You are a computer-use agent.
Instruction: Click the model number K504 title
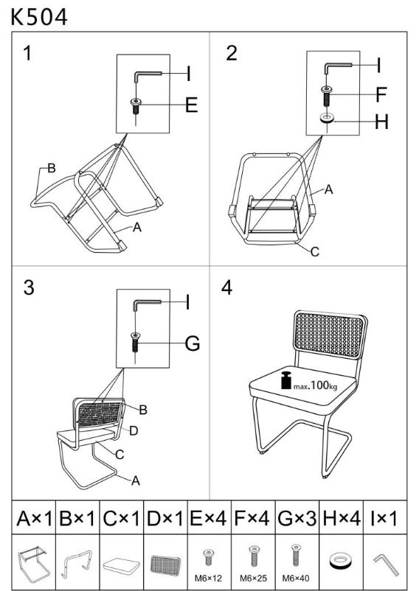[x=39, y=17]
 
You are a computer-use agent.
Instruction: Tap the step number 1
[x=27, y=53]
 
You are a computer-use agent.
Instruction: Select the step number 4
[x=226, y=288]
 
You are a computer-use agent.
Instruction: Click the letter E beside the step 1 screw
[x=192, y=105]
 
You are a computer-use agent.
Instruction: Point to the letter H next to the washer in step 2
[x=381, y=122]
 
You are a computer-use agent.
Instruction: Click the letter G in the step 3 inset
[x=193, y=343]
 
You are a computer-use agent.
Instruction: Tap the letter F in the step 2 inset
[x=381, y=94]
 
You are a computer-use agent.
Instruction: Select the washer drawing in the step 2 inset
[x=327, y=119]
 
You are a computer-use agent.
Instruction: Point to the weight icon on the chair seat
[x=287, y=380]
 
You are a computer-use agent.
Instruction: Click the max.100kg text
[x=315, y=385]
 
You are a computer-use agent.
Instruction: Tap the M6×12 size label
[x=208, y=578]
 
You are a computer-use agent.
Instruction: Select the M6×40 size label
[x=296, y=578]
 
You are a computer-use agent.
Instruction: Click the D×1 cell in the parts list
[x=165, y=518]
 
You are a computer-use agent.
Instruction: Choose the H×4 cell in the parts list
[x=342, y=518]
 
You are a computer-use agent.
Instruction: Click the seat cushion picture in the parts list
[x=121, y=564]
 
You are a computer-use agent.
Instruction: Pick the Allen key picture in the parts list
[x=387, y=564]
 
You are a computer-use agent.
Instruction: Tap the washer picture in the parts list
[x=342, y=562]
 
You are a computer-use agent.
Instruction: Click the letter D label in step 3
[x=134, y=431]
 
